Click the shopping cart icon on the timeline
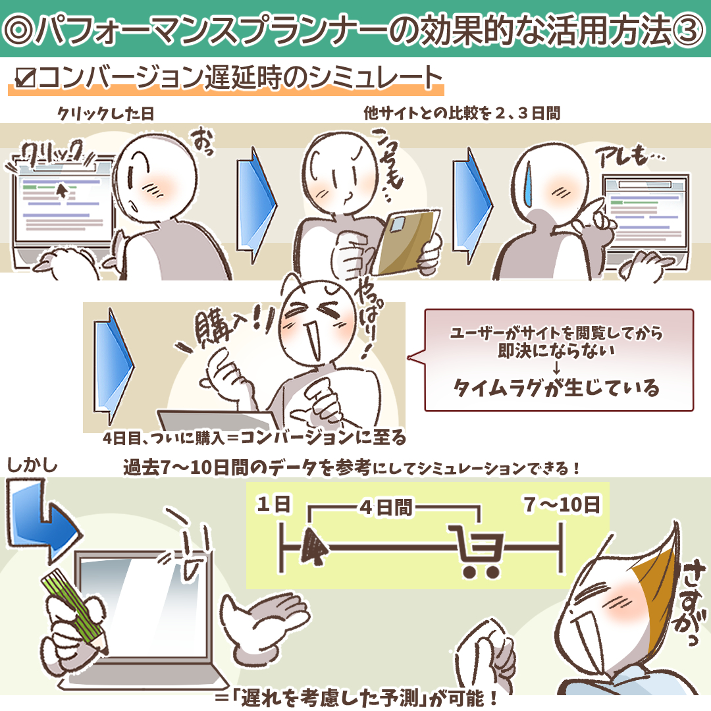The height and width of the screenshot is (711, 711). [475, 550]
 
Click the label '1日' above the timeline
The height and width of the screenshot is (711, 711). [274, 506]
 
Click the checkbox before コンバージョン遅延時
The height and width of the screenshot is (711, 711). [24, 79]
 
